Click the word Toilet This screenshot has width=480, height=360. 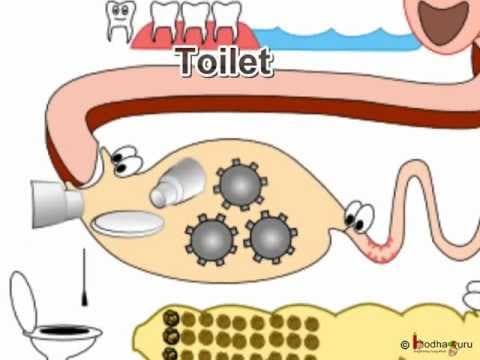223,62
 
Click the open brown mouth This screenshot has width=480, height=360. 440,17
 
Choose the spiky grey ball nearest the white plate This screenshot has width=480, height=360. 210,240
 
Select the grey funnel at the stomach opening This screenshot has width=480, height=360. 54,206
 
